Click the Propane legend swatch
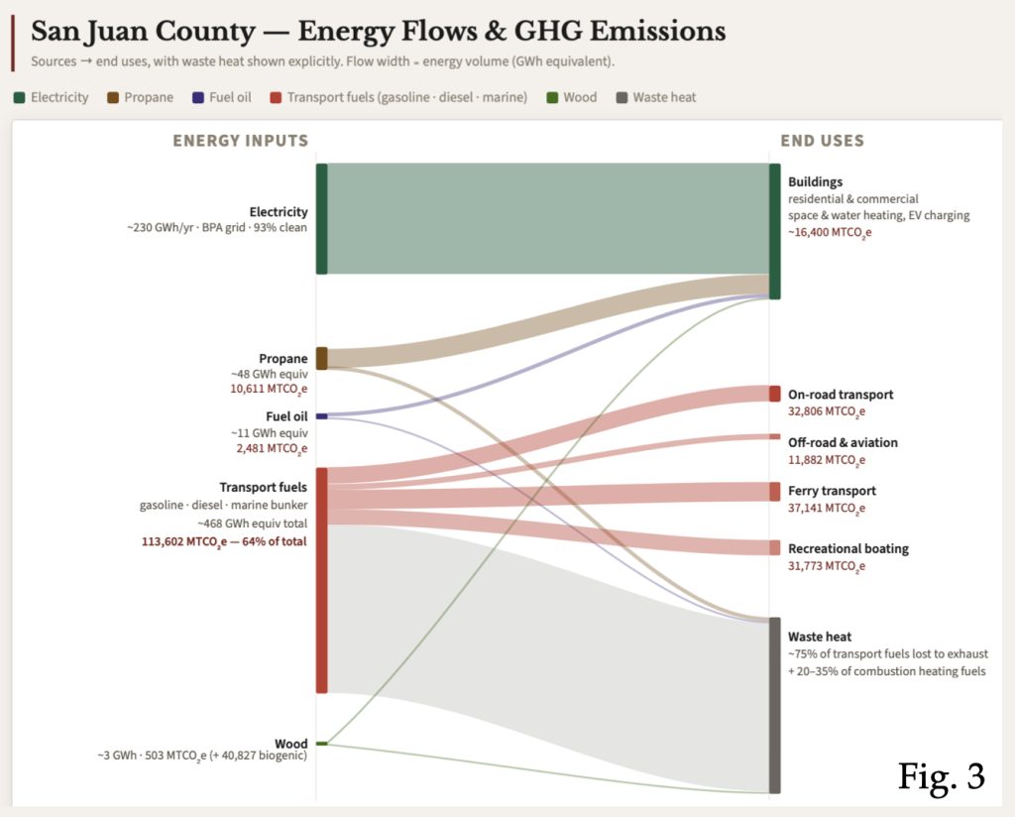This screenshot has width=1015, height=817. [x=113, y=97]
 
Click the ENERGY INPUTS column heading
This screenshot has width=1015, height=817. [x=241, y=141]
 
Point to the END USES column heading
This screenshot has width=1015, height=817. [x=822, y=141]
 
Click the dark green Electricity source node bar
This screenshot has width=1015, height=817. [x=321, y=218]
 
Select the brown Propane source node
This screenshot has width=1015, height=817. [x=321, y=358]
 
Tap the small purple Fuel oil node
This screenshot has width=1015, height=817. [x=321, y=416]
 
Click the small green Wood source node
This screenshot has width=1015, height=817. [x=321, y=743]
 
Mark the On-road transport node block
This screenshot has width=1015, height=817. [x=774, y=394]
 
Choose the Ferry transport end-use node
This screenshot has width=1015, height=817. [x=774, y=491]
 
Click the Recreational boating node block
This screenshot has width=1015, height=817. [x=774, y=548]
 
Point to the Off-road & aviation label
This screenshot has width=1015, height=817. [x=829, y=442]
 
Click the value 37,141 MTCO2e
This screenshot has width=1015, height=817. [x=827, y=509]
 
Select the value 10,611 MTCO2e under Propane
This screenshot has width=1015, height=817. [x=269, y=390]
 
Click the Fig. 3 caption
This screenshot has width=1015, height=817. [x=941, y=775]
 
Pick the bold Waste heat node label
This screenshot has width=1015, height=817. [x=820, y=637]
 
